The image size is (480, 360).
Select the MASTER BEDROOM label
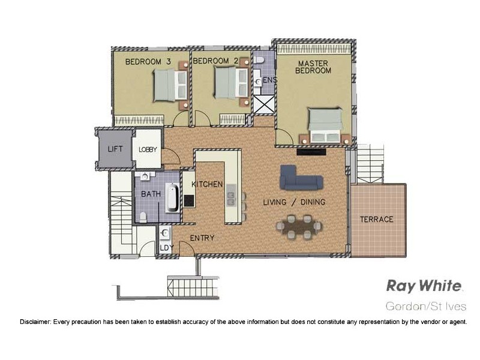coord(313,67)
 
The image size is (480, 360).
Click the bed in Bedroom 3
coord(167,86)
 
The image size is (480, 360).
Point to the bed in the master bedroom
coord(325,126)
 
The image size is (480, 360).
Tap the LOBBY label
coord(148,149)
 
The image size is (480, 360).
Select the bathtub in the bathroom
coord(172,197)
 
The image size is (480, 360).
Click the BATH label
coord(150,194)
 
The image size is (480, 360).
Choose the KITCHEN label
coord(208,184)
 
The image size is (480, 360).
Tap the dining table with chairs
coord(299,226)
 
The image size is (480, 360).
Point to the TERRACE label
coord(376,219)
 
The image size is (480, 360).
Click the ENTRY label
coord(202,238)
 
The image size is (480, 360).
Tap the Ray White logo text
coord(424,286)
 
